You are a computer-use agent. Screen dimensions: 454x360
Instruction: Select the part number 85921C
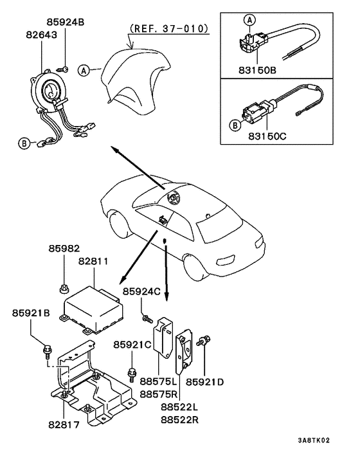132,345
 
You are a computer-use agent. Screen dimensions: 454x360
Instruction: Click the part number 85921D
205,382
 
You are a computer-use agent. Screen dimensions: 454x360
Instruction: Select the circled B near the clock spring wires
24,143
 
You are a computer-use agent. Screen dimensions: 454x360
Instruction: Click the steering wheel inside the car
172,199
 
